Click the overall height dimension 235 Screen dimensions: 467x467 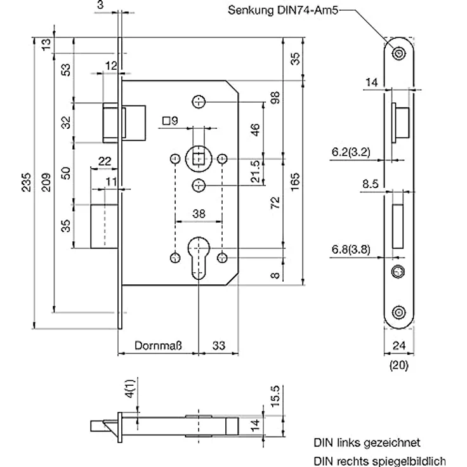[26, 182]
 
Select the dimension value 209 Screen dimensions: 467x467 [46, 182]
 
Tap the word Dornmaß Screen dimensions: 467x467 [158, 345]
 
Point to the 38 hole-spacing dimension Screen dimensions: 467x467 [199, 214]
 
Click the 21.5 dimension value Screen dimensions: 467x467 [255, 171]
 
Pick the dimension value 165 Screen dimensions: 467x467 [295, 182]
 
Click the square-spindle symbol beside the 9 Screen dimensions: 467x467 [166, 121]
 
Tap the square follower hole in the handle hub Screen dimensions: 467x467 [199, 159]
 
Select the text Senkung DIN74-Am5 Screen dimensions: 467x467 [283, 10]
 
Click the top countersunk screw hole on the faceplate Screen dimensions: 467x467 [398, 54]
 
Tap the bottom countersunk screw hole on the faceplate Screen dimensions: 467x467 [398, 312]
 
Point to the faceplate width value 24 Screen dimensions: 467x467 [399, 345]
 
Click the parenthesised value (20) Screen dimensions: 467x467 [399, 365]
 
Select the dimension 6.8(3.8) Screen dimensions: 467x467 [351, 249]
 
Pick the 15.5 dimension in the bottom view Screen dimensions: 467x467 [275, 397]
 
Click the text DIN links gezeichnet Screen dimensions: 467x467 [367, 443]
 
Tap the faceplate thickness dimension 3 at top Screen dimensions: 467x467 [100, 5]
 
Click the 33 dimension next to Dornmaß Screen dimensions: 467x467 [219, 345]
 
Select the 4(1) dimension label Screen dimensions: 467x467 [130, 388]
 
